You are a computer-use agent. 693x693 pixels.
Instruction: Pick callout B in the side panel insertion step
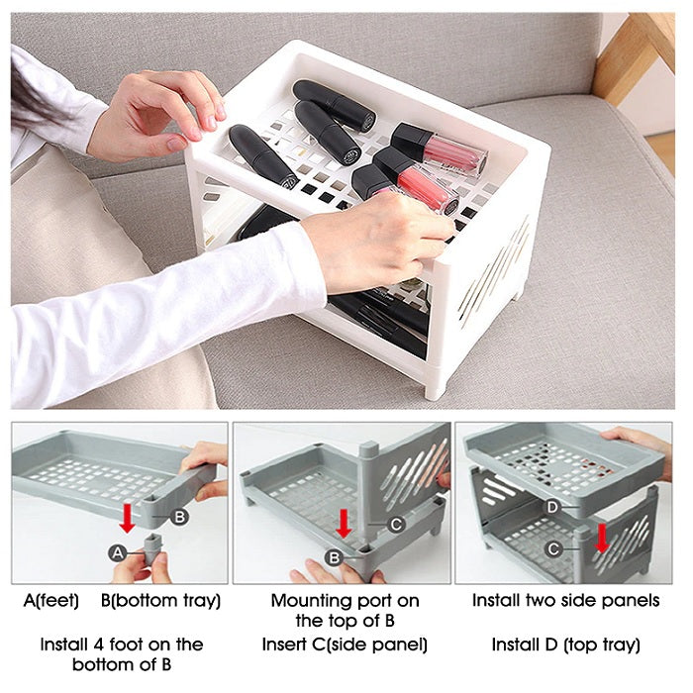(334, 557)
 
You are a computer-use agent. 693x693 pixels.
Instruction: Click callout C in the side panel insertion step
(395, 525)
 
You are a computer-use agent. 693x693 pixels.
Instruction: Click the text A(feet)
(51, 601)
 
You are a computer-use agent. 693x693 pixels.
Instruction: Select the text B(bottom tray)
(160, 601)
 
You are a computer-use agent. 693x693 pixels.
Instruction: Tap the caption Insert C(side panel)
(345, 644)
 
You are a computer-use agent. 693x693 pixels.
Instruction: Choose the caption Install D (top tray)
(565, 644)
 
